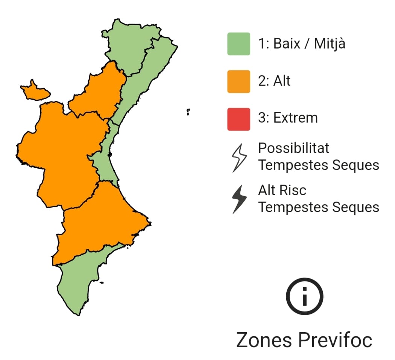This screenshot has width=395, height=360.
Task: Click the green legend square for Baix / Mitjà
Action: pos(239,44)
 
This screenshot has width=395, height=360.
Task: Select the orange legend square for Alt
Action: pos(239,81)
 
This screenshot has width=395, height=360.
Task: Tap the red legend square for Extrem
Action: pos(239,119)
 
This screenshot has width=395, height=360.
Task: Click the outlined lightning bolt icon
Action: pos(239,158)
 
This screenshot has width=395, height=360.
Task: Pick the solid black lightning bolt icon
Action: pos(239,199)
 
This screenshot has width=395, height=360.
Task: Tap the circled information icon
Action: pos(304,297)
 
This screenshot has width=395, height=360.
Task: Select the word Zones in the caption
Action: pos(264,340)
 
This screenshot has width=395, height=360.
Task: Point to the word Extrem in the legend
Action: pos(295,118)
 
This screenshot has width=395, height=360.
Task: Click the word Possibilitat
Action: pos(293,148)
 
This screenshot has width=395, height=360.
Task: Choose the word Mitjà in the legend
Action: pos(330,44)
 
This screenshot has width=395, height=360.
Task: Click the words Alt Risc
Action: pos(282,190)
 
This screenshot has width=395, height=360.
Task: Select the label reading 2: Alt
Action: pos(274,81)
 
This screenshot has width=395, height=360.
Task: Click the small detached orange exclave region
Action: pos(35,91)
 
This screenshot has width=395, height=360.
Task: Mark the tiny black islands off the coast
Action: pos(188,112)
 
